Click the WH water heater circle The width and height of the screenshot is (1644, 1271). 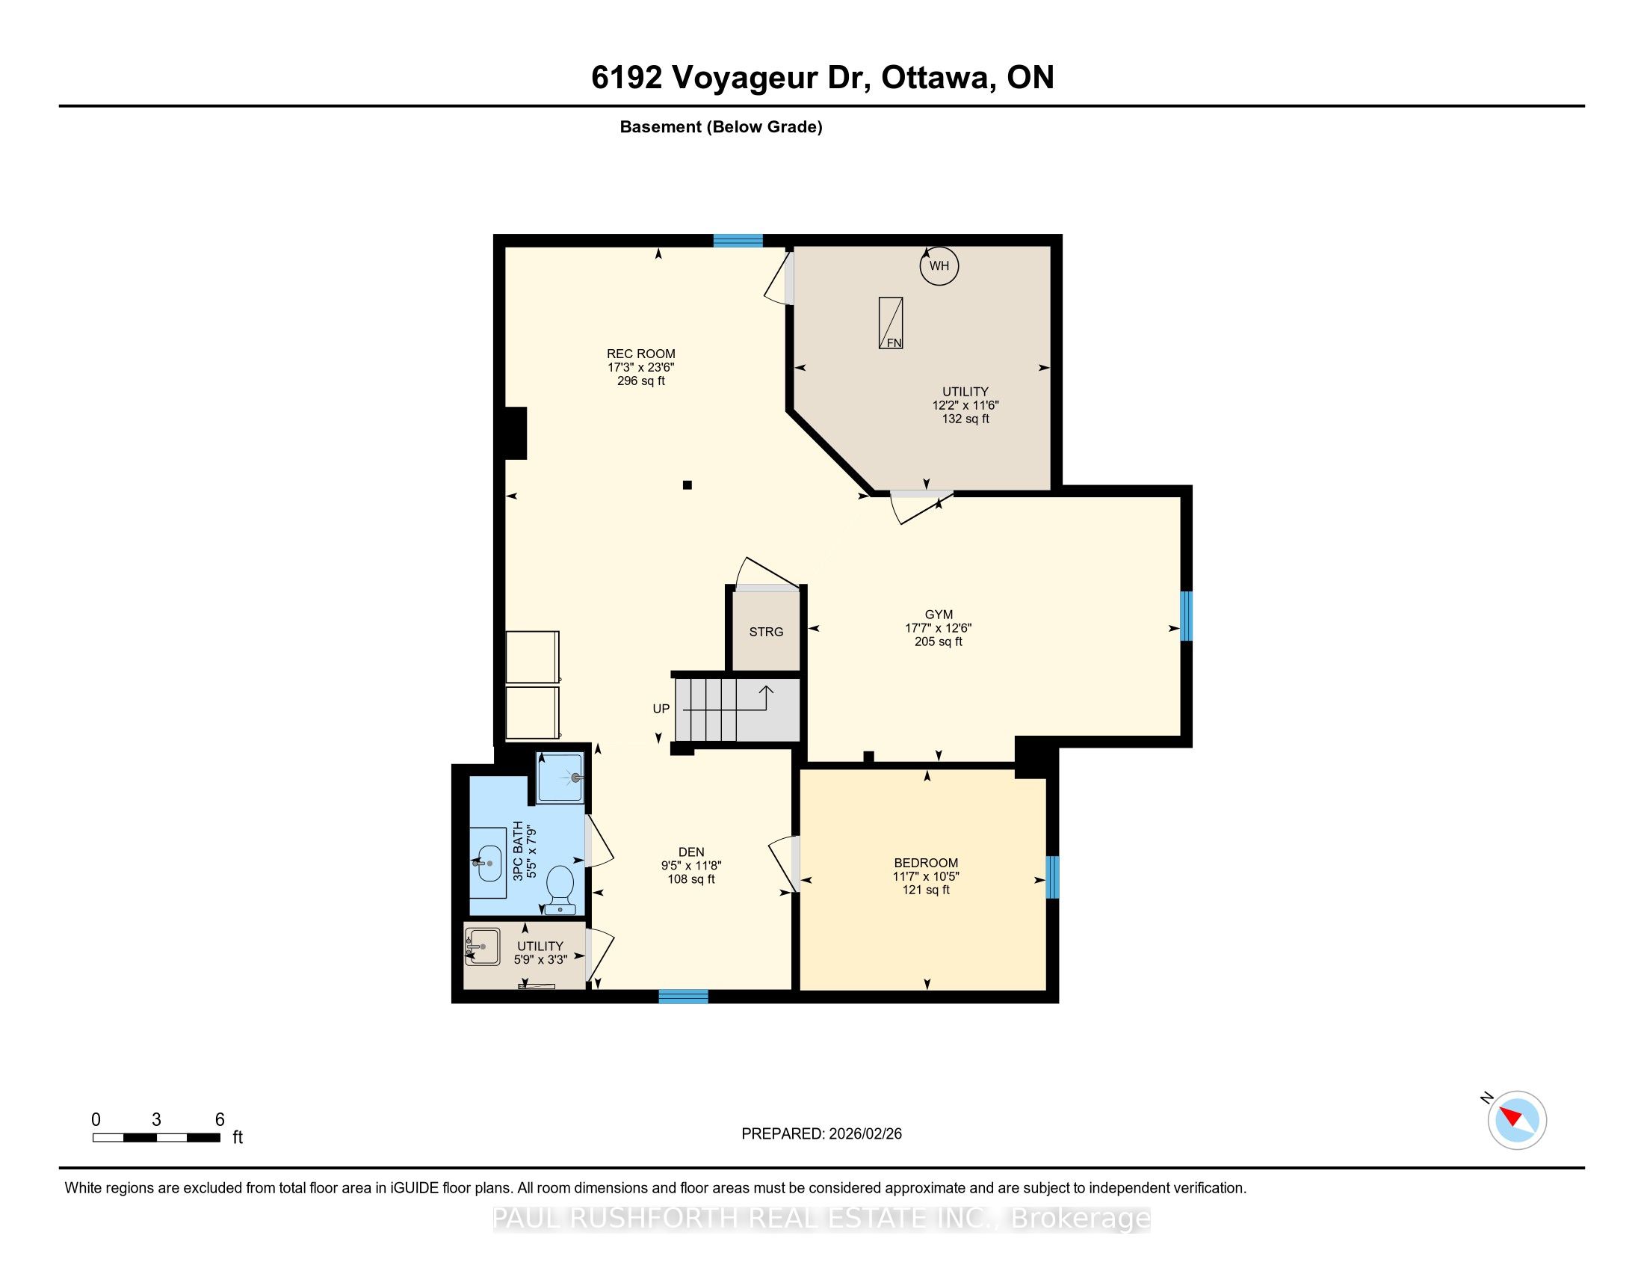(939, 266)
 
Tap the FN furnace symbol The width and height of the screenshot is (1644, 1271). (891, 323)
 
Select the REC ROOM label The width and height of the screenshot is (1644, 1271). (641, 354)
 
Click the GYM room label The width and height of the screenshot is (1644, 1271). (939, 615)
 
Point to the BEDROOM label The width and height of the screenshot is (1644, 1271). (926, 863)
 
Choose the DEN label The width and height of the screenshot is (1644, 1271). (691, 852)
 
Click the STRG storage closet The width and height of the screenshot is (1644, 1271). (766, 631)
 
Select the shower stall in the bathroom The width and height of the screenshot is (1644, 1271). (560, 777)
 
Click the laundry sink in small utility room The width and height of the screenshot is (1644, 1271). (482, 947)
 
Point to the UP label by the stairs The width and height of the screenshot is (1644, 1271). (661, 709)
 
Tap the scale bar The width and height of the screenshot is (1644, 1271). (157, 1138)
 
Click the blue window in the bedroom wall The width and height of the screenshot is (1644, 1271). (1052, 877)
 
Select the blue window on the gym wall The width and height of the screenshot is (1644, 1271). (1186, 616)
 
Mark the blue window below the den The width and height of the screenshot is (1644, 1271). (684, 997)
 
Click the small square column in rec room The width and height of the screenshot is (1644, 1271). (687, 486)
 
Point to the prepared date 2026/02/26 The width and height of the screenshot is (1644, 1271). (864, 1134)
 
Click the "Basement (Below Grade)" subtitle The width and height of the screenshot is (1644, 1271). (721, 127)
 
